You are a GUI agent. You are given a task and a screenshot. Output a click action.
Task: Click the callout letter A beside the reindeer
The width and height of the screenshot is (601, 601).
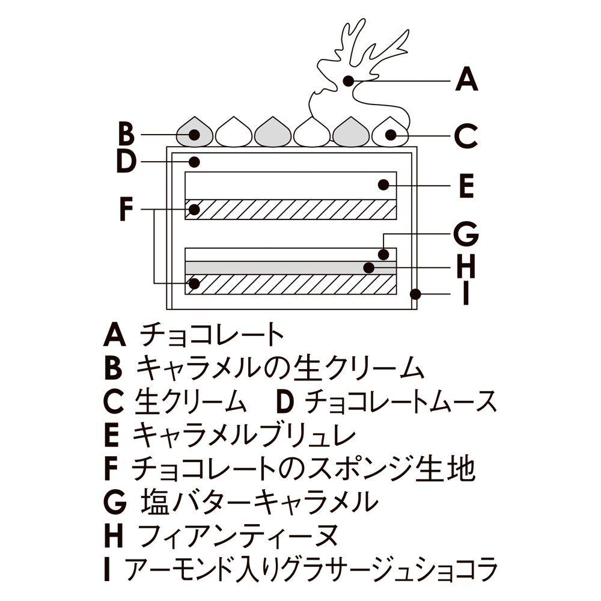tap(466, 79)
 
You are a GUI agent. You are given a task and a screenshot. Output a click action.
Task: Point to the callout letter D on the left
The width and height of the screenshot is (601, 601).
tap(126, 162)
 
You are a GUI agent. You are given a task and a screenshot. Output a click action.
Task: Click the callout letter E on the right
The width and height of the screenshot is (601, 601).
tap(466, 186)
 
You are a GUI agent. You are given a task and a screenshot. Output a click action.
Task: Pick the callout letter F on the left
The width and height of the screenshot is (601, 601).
tap(125, 209)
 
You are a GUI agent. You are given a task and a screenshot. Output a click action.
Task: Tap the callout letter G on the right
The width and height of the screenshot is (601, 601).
tap(466, 234)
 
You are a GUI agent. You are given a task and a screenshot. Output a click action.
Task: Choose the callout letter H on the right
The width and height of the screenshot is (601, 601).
tap(466, 266)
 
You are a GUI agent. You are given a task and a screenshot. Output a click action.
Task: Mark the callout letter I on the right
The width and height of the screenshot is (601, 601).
tap(465, 294)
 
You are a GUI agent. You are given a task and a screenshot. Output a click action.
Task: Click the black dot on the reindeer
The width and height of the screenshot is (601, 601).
tap(347, 79)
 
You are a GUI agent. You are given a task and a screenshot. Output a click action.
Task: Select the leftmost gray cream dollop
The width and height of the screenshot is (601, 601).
tap(195, 132)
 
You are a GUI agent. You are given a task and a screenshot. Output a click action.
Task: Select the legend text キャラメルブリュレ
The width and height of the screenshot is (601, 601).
tap(244, 435)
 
